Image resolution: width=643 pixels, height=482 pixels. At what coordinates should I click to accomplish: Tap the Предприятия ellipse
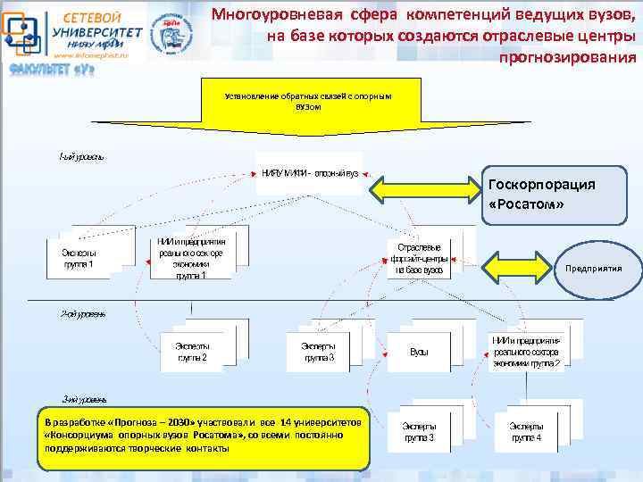point(590,267)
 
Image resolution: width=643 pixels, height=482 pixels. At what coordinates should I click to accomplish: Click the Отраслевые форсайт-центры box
point(415,258)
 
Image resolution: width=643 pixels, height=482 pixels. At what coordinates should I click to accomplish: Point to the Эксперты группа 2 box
point(192,351)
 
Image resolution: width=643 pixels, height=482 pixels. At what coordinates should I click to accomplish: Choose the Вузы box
point(419,352)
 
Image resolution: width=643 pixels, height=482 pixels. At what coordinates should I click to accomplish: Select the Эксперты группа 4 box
point(526,432)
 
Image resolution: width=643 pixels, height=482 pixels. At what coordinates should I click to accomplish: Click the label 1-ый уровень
point(81,156)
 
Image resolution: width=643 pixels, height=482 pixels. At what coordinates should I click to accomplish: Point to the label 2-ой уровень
point(83,314)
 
